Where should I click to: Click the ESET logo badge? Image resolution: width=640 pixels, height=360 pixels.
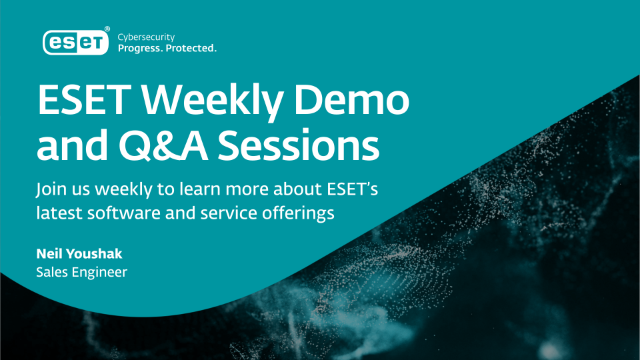click(x=76, y=40)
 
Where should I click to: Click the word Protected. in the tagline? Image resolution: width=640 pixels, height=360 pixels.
click(x=194, y=47)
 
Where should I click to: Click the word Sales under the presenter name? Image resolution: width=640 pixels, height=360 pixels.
click(x=49, y=272)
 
